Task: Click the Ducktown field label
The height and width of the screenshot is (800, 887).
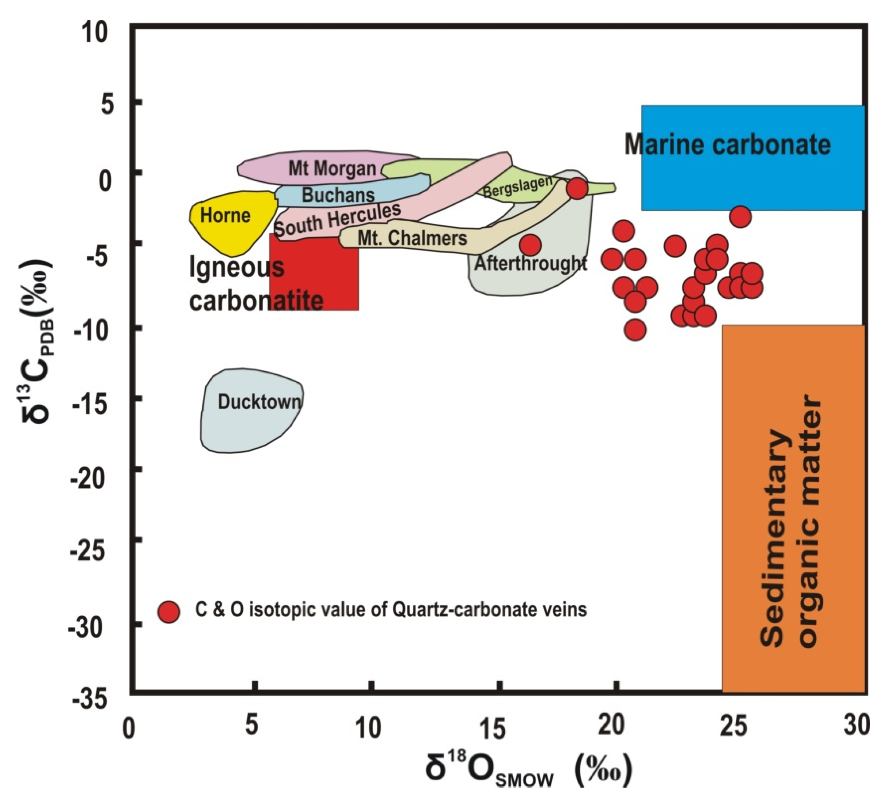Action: tap(260, 402)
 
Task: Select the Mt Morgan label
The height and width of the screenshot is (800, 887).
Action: tap(332, 168)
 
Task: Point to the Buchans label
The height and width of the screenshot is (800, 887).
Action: tap(338, 195)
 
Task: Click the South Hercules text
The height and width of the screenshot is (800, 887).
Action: tap(337, 220)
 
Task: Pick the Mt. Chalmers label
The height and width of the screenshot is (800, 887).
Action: tap(412, 238)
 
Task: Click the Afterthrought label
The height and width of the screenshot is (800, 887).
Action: tap(530, 263)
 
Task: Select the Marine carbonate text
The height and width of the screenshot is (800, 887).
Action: tap(727, 144)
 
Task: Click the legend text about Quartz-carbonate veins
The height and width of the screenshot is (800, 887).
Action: tap(390, 610)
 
